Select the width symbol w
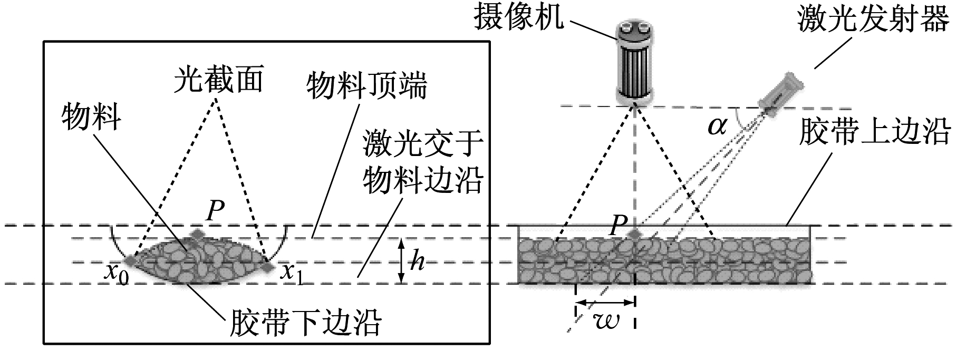click(605, 320)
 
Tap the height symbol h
click(418, 261)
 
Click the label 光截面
click(219, 80)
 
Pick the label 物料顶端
click(367, 87)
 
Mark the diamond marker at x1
click(268, 267)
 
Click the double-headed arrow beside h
click(402, 261)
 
